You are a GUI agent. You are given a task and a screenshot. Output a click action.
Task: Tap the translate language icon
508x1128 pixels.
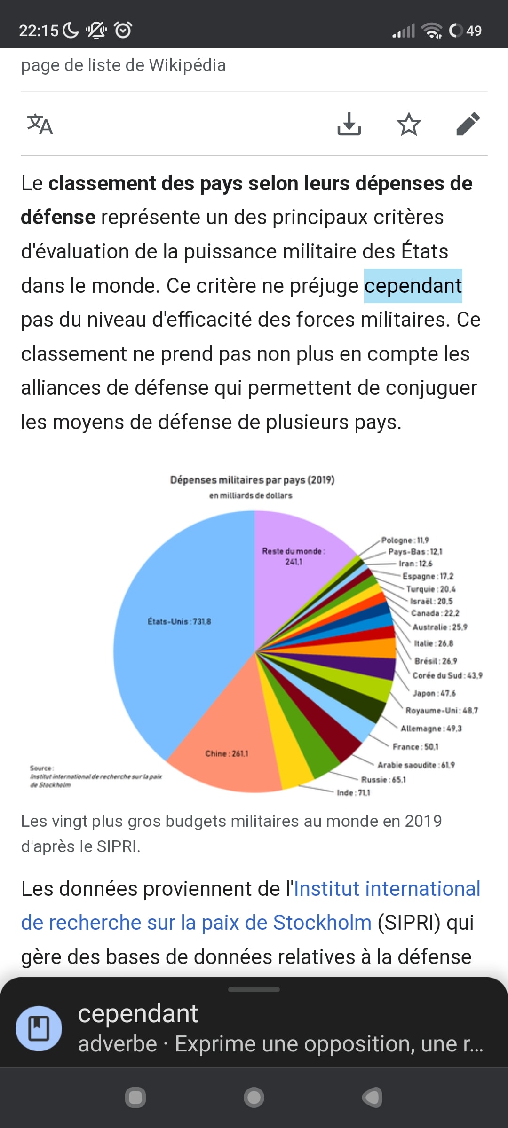click(x=40, y=125)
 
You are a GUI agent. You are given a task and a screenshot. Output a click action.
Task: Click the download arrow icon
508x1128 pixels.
click(x=349, y=124)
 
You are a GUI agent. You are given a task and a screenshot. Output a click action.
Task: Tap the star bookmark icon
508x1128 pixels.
click(x=408, y=124)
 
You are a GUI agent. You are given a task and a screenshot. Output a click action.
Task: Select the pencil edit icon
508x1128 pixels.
click(x=468, y=124)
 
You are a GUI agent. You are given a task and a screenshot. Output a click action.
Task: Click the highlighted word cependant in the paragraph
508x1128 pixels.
click(x=413, y=286)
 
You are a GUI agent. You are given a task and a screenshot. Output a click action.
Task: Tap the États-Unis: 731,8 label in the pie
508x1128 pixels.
click(x=179, y=621)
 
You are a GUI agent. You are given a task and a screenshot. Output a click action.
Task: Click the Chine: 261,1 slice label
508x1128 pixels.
click(x=227, y=753)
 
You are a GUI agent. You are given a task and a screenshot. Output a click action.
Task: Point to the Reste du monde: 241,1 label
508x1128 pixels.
click(x=294, y=556)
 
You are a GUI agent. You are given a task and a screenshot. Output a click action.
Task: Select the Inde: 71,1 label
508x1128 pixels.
click(x=353, y=792)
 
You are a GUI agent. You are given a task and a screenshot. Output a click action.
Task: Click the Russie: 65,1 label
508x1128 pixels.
click(x=383, y=779)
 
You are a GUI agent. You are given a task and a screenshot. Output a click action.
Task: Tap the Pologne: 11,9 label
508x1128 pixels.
click(x=405, y=540)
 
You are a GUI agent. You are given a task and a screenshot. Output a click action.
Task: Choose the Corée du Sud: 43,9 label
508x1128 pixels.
click(x=447, y=675)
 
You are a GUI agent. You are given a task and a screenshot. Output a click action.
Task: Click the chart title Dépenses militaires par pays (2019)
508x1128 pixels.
click(x=252, y=480)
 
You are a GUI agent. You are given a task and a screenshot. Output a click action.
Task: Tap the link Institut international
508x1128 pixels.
click(x=387, y=889)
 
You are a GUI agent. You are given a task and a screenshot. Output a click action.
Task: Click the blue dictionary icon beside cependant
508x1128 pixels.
click(x=39, y=1028)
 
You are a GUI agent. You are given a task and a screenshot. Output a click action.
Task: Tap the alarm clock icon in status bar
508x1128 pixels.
click(x=123, y=30)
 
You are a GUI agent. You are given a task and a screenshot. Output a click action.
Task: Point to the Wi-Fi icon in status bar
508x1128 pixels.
click(x=431, y=30)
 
